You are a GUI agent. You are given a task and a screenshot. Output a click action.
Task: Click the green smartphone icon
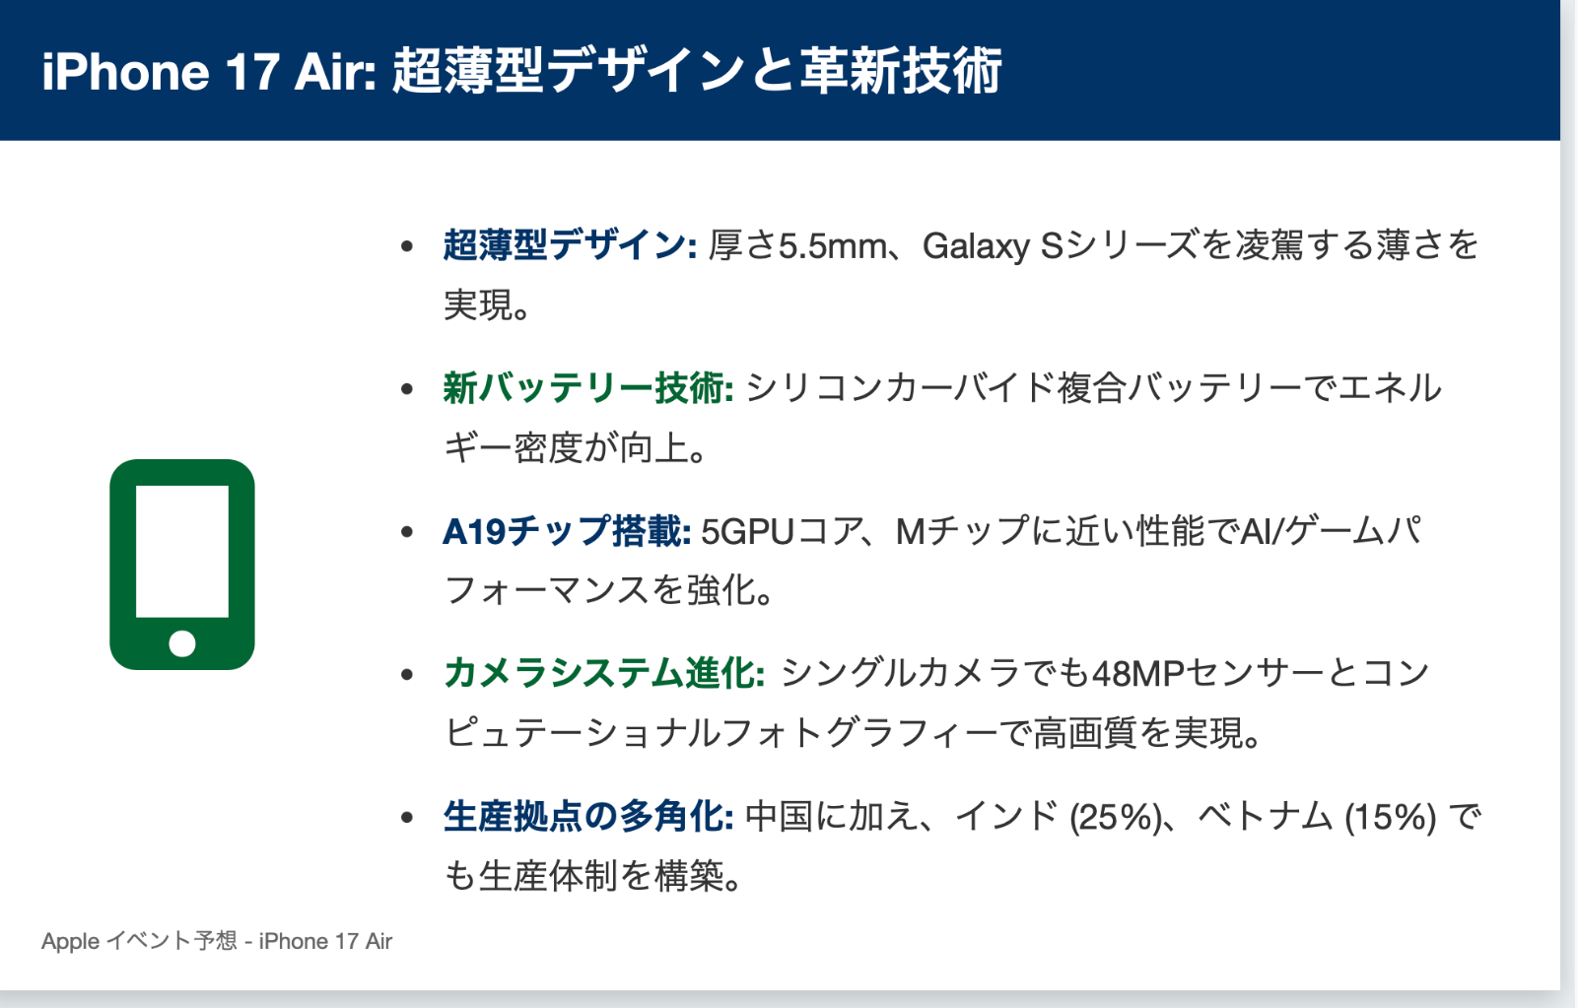(181, 565)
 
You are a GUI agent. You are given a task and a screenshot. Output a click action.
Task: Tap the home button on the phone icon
(181, 643)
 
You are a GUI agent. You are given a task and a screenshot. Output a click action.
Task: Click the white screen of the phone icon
(181, 551)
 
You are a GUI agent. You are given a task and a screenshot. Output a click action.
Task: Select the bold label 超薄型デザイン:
(570, 245)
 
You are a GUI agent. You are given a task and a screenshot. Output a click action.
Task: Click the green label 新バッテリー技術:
(588, 388)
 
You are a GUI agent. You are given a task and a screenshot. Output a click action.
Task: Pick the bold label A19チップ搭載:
(567, 531)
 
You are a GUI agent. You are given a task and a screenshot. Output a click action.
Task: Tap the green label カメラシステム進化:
(604, 673)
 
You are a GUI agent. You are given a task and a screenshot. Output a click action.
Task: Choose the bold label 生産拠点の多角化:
(588, 817)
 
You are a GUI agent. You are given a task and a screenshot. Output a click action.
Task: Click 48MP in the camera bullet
(1137, 674)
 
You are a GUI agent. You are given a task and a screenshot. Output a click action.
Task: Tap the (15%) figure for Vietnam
(1391, 818)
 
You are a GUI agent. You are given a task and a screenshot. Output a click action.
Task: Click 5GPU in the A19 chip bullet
(747, 532)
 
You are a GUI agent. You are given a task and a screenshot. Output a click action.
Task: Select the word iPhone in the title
(125, 72)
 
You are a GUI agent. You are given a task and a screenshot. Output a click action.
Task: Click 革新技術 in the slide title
(901, 70)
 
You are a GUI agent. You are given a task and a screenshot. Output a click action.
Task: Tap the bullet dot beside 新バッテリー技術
(406, 389)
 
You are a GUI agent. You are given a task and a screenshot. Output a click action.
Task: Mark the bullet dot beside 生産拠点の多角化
(406, 817)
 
